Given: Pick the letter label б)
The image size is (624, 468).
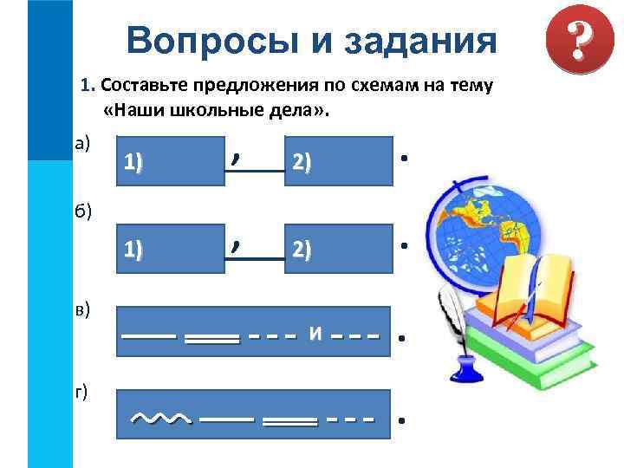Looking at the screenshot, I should tap(88, 209).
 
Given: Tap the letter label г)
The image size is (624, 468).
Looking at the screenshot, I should tap(82, 393).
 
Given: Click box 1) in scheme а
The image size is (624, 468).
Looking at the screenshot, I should tap(170, 160).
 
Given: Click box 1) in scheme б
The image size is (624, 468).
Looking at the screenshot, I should tap(170, 249).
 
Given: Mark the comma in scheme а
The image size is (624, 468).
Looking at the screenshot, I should tap(235, 157).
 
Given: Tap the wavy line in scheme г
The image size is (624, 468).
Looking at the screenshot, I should tap(161, 419).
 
